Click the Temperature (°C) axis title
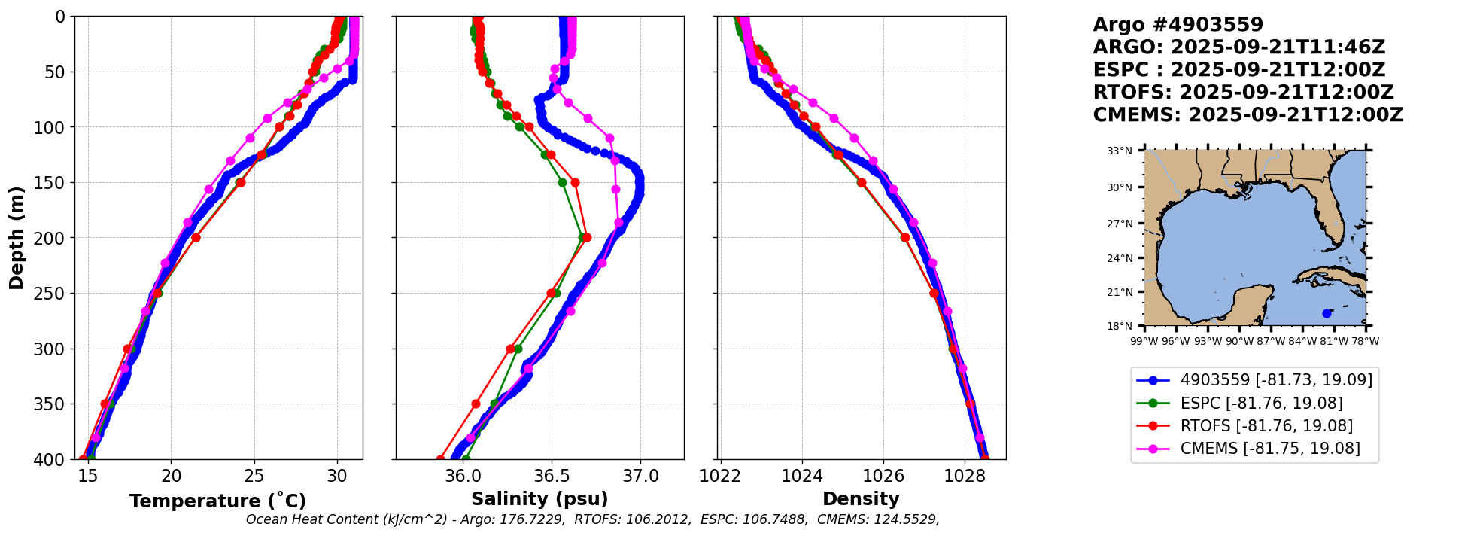pyautogui.click(x=217, y=501)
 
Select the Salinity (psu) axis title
pyautogui.click(x=539, y=499)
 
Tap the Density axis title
pyautogui.click(x=861, y=499)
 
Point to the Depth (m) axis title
pyautogui.click(x=17, y=238)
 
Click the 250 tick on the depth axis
pyautogui.click(x=53, y=294)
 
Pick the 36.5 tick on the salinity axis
pyautogui.click(x=552, y=477)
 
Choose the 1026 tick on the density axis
pyautogui.click(x=883, y=477)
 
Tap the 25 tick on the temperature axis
pyautogui.click(x=254, y=477)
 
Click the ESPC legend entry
pyautogui.click(x=1261, y=404)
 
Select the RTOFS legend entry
pyautogui.click(x=1266, y=426)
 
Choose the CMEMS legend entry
pyautogui.click(x=1270, y=449)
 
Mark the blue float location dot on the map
pyautogui.click(x=1327, y=313)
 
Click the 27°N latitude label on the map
pyautogui.click(x=1120, y=224)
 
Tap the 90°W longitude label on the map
pyautogui.click(x=1239, y=341)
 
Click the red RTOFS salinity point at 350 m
pyautogui.click(x=476, y=404)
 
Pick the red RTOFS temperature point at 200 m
pyautogui.click(x=196, y=238)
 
